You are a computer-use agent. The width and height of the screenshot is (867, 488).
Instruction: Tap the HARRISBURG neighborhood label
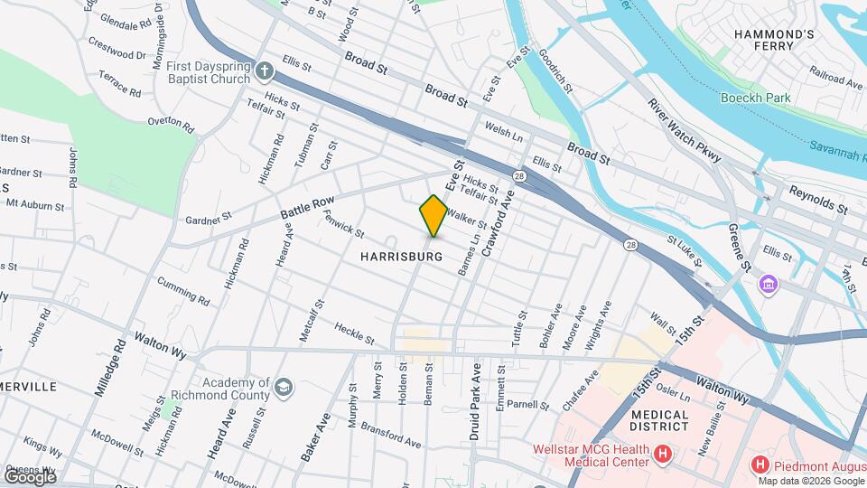pyautogui.click(x=401, y=257)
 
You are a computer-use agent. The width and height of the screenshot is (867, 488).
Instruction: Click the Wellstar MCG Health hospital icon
pyautogui.click(x=663, y=454)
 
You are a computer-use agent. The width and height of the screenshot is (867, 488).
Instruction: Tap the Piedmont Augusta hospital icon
pyautogui.click(x=760, y=465)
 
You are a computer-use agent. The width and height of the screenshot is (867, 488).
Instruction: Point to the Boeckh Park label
pyautogui.click(x=756, y=98)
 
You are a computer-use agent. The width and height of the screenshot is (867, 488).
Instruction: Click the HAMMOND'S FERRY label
pyautogui.click(x=774, y=42)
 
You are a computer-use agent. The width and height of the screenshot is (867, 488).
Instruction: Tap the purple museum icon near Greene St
pyautogui.click(x=769, y=285)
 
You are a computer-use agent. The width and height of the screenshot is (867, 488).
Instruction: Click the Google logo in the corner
pyautogui.click(x=29, y=476)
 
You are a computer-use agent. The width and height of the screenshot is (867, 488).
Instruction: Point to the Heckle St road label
pyautogui.click(x=354, y=333)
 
